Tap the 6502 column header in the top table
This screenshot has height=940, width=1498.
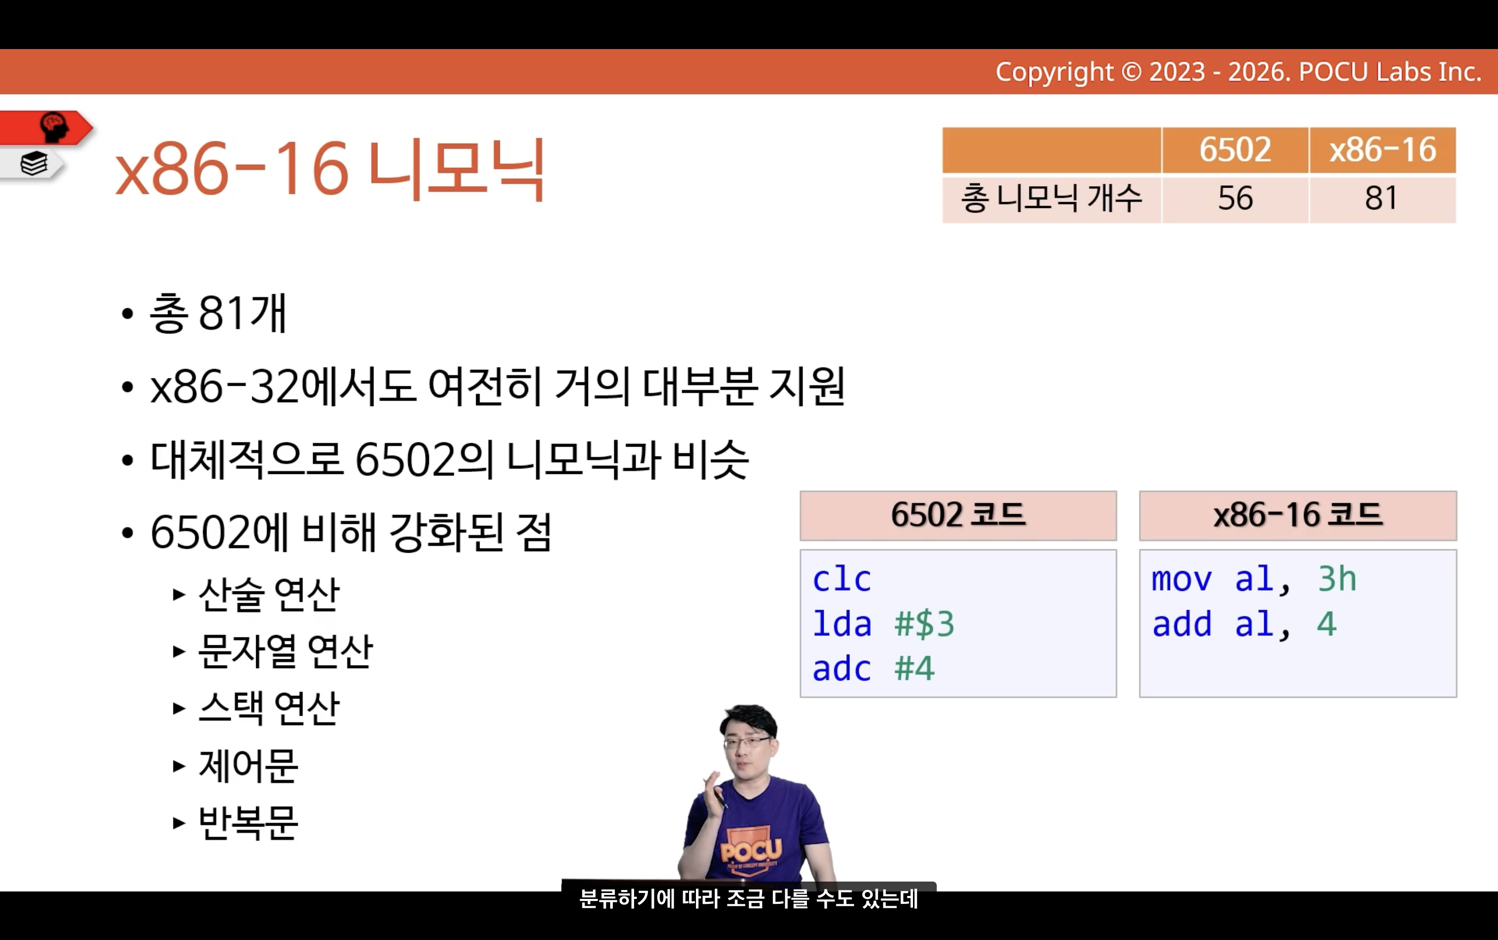tap(1235, 150)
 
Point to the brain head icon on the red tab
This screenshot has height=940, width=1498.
tap(54, 127)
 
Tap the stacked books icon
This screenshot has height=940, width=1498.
tap(34, 164)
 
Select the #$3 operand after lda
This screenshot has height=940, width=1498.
tap(924, 624)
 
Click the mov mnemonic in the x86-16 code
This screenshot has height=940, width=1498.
tap(1181, 580)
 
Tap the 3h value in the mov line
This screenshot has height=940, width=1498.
tap(1337, 579)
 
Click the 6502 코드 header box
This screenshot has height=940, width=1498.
tap(958, 516)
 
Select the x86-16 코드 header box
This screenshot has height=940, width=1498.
tap(1298, 516)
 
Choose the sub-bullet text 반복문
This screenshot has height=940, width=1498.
tap(248, 823)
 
